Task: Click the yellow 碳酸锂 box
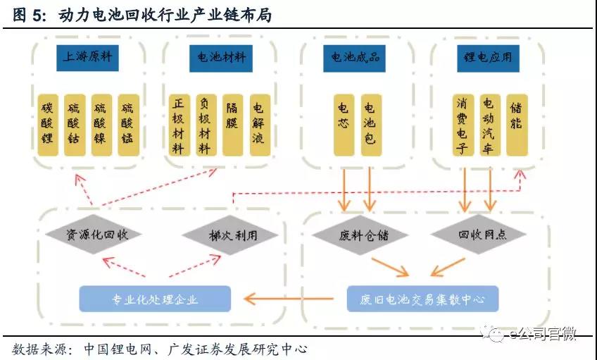pyautogui.click(x=47, y=125)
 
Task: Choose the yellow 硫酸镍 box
pyautogui.click(x=101, y=125)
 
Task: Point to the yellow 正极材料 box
pyautogui.click(x=179, y=125)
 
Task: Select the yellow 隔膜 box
pyautogui.click(x=232, y=125)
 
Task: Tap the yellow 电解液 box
pyautogui.click(x=258, y=125)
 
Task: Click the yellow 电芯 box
pyautogui.click(x=343, y=125)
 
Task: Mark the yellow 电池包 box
pyautogui.click(x=370, y=125)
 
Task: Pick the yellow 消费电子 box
pyautogui.click(x=463, y=125)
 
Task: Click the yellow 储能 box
pyautogui.click(x=516, y=125)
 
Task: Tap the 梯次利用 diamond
pyautogui.click(x=220, y=235)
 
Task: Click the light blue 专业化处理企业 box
pyautogui.click(x=155, y=299)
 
